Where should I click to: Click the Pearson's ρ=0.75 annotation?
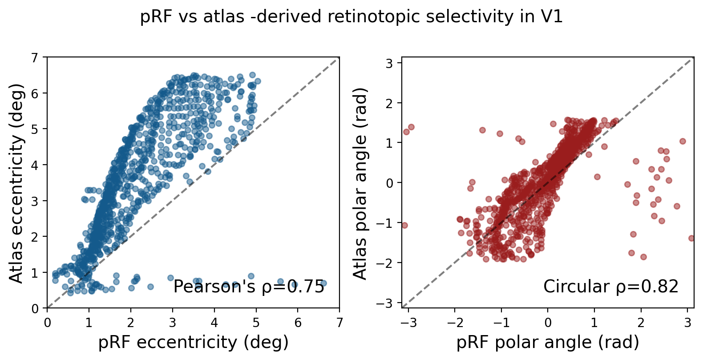(x=249, y=287)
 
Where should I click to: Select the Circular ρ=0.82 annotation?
(x=610, y=287)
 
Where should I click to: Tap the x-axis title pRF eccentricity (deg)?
(x=193, y=342)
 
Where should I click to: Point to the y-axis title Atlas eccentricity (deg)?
(x=16, y=182)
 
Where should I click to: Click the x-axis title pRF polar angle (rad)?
(x=548, y=342)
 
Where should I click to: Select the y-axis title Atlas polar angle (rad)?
(x=360, y=182)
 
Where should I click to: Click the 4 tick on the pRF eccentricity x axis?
(x=214, y=322)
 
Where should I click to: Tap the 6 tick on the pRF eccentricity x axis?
(x=298, y=322)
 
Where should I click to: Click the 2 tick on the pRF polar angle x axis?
(x=641, y=322)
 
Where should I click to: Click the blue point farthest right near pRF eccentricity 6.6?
(x=323, y=283)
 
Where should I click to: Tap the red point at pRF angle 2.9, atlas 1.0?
(x=683, y=141)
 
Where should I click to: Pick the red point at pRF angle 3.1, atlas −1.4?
(x=691, y=238)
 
